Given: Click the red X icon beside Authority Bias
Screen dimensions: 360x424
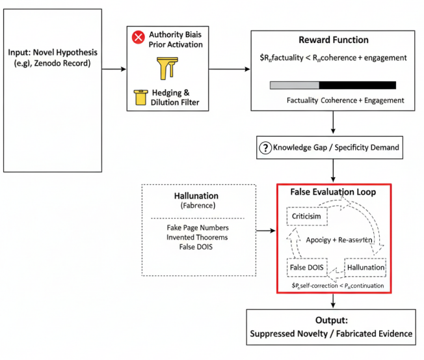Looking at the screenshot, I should [138, 37].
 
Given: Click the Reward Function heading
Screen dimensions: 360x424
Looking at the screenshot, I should [333, 40].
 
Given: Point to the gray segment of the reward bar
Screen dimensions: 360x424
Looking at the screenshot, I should [294, 85].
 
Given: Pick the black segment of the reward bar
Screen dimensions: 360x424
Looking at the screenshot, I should [357, 85].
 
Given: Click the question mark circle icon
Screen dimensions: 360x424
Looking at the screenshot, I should [265, 148].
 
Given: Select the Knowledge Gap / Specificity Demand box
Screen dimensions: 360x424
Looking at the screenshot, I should [333, 148].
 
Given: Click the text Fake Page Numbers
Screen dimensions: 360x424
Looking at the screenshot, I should [192, 229].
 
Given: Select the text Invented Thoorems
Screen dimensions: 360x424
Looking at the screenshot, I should [192, 239].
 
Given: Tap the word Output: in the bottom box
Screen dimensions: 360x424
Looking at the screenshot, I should [332, 321].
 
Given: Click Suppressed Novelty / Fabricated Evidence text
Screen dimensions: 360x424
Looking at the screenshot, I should [332, 333].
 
